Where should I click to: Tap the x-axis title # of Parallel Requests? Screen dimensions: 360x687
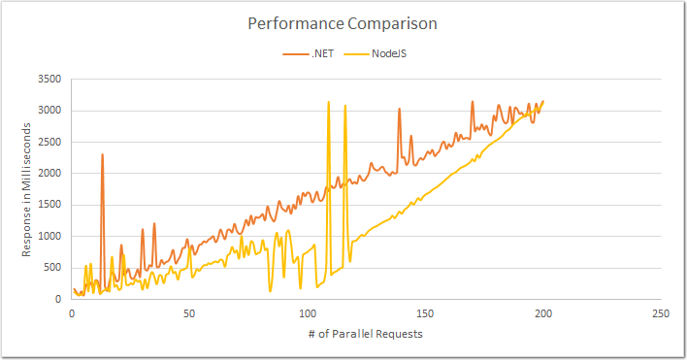368,334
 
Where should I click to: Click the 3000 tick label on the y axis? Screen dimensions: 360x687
49,111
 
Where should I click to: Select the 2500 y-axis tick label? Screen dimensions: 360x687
49,142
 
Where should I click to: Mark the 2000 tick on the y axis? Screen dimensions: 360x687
49,173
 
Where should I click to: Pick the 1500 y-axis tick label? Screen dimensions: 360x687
49,205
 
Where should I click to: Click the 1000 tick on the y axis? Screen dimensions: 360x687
49,236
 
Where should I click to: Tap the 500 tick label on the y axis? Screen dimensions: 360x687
53,268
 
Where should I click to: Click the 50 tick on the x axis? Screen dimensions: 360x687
189,314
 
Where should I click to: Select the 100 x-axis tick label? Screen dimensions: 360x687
308,314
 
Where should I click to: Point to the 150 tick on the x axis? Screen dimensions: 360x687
425,314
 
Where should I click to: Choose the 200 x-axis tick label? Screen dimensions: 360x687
543,314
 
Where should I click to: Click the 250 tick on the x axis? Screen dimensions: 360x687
661,314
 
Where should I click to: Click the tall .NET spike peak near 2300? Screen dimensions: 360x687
102,154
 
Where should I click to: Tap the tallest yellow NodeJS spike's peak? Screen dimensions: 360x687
329,101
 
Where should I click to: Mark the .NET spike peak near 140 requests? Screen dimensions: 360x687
399,109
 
